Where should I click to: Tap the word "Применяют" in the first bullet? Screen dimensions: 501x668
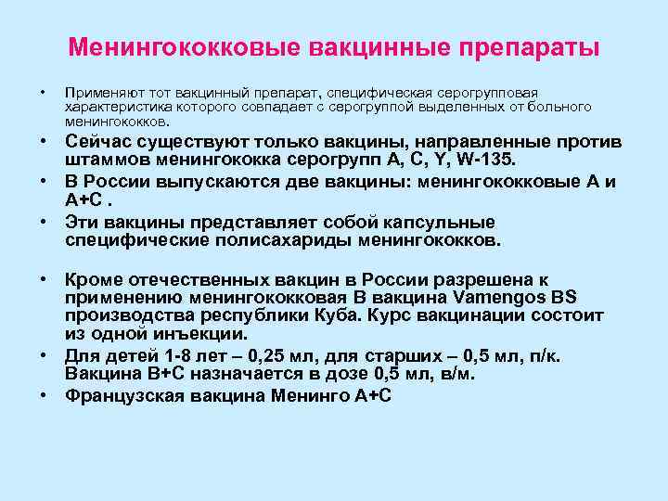tap(95, 93)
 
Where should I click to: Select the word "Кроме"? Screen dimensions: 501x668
tap(94, 279)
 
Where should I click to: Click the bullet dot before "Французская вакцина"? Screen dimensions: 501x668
tap(44, 396)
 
